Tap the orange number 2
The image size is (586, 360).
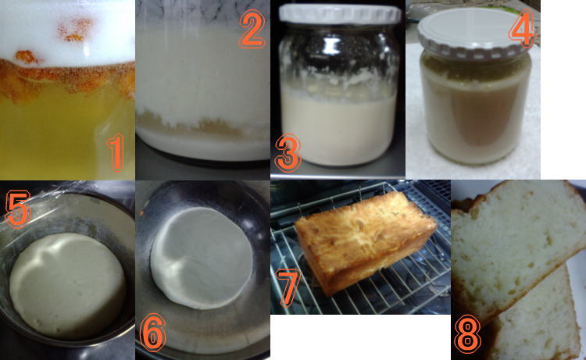click(252, 29)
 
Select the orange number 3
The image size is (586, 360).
click(288, 153)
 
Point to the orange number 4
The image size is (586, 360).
click(522, 30)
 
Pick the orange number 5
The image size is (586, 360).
click(17, 209)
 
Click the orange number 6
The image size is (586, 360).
click(152, 333)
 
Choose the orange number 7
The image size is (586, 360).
click(288, 287)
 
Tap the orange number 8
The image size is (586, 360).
click(467, 334)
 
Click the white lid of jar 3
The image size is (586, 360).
click(340, 14)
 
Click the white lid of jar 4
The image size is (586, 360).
click(473, 34)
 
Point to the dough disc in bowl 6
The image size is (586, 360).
click(202, 258)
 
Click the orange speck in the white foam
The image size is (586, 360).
click(76, 29)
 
